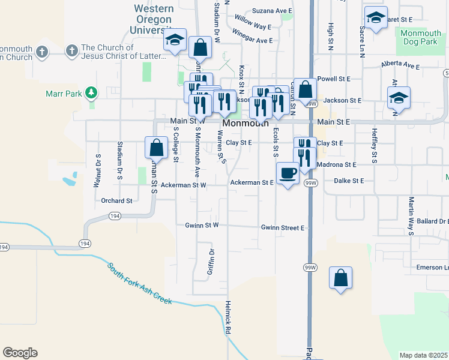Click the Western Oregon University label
tap(154, 19)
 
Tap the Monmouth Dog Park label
tap(419, 38)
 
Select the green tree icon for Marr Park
tap(91, 93)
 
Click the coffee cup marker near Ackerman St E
tap(288, 173)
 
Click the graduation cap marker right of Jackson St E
tap(399, 98)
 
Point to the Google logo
tap(20, 353)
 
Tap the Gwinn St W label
tap(202, 225)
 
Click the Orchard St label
tap(116, 200)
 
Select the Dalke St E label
tap(350, 180)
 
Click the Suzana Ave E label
tap(272, 11)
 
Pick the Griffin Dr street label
tap(211, 262)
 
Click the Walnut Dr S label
tap(97, 171)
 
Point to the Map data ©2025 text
tap(423, 355)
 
